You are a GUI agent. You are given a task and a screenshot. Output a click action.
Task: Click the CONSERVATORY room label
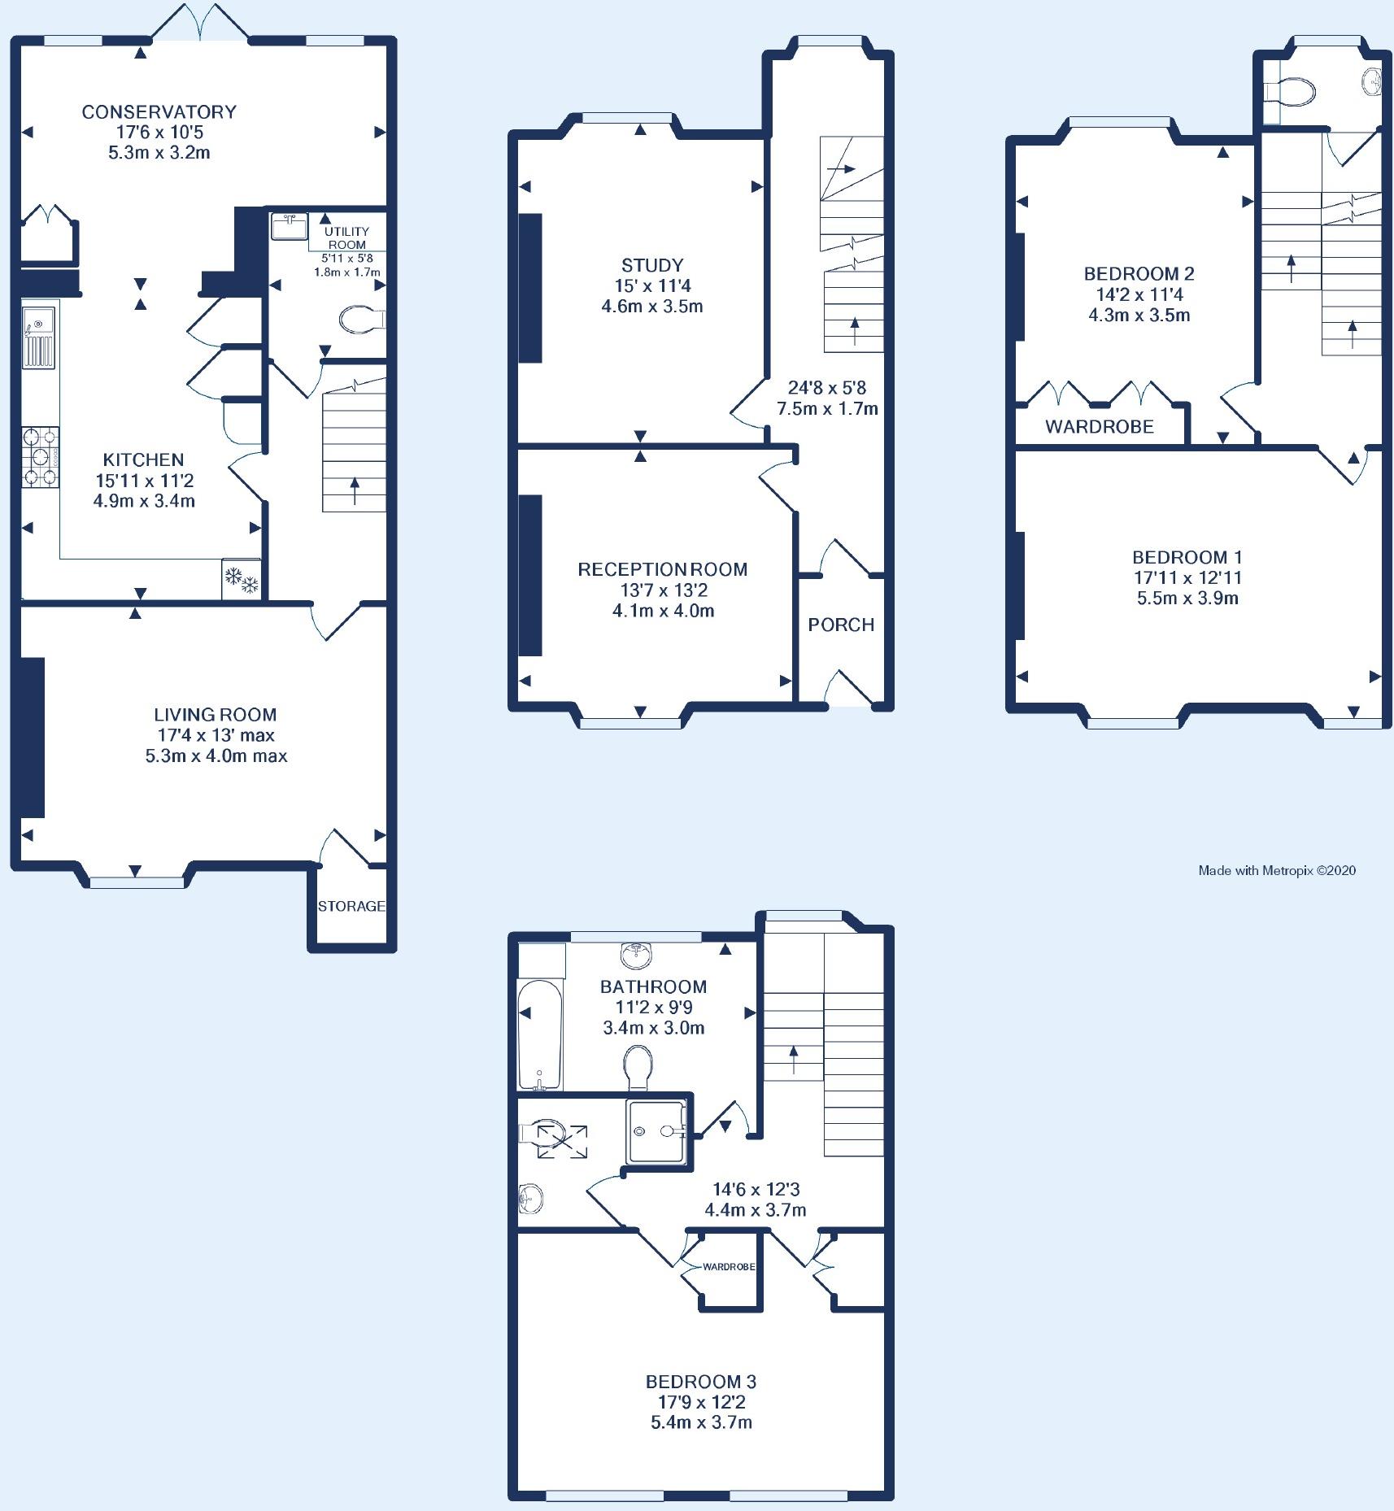coord(159,111)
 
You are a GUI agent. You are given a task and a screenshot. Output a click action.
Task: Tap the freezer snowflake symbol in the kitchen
coord(242,579)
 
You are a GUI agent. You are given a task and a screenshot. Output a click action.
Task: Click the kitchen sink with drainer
coord(39,334)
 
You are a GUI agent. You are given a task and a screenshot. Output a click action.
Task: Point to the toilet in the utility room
coord(362,320)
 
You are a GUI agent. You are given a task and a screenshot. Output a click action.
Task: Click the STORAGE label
coord(351,906)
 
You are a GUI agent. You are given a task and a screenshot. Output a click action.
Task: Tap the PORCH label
coord(841,625)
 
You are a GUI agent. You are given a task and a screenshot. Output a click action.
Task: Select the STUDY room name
coord(652,265)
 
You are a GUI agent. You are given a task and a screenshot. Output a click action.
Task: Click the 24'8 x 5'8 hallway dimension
coord(827,387)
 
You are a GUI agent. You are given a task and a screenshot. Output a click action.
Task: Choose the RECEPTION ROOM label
coord(663,569)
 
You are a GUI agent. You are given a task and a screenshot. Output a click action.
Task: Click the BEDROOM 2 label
coord(1139,273)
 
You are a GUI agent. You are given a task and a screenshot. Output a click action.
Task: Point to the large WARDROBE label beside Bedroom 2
coord(1100,426)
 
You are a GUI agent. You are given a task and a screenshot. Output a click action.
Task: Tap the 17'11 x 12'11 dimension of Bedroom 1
coord(1187,578)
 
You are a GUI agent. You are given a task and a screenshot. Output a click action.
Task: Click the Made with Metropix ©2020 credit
coord(1277,870)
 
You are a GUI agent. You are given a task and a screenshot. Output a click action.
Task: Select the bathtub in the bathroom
coord(539,1034)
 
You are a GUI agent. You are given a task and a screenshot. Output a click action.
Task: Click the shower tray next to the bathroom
coord(656,1130)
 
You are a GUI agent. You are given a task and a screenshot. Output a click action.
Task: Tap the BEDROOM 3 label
coord(701,1382)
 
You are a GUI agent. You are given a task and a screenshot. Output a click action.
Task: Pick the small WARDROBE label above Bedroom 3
coord(729,1267)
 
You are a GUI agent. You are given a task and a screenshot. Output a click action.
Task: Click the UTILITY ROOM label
coord(346,238)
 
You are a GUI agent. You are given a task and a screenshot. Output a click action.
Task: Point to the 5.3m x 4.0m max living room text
coord(216,756)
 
